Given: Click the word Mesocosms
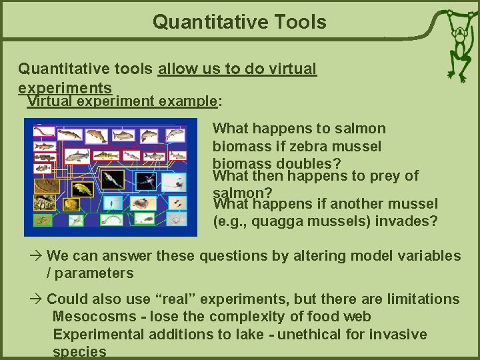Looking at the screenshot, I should click(89, 317).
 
